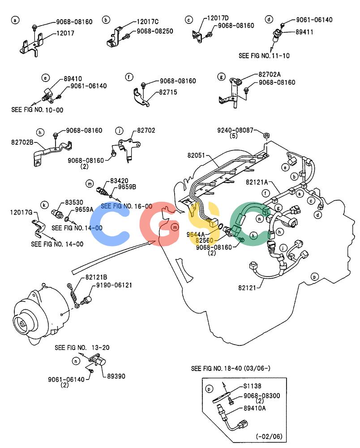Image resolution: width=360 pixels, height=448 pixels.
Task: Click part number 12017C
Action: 148,22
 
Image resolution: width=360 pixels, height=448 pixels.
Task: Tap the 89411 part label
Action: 304,32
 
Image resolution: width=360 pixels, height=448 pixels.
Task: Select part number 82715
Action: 168,92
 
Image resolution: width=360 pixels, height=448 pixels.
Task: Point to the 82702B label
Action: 22,142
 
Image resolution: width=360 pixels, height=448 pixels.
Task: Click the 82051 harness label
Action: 196,155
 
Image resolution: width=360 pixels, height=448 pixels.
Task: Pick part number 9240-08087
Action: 235,130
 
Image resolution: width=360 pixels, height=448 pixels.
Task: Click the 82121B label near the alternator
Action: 96,277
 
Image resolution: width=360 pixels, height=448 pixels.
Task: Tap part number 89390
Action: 116,376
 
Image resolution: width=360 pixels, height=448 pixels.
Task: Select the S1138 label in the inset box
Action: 252,386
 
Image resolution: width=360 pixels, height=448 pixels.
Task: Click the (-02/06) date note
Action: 269,436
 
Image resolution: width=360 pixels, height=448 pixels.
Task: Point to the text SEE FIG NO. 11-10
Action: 264,56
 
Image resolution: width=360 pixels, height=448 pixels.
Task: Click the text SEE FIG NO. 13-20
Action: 82,348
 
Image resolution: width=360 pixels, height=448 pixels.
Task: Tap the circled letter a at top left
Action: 15,20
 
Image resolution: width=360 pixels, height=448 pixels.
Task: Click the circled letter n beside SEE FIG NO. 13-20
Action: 76,362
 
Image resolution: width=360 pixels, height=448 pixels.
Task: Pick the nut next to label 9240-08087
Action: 266,135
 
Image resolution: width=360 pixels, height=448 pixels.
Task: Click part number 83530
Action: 74,202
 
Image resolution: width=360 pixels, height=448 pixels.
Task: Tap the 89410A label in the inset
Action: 254,408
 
